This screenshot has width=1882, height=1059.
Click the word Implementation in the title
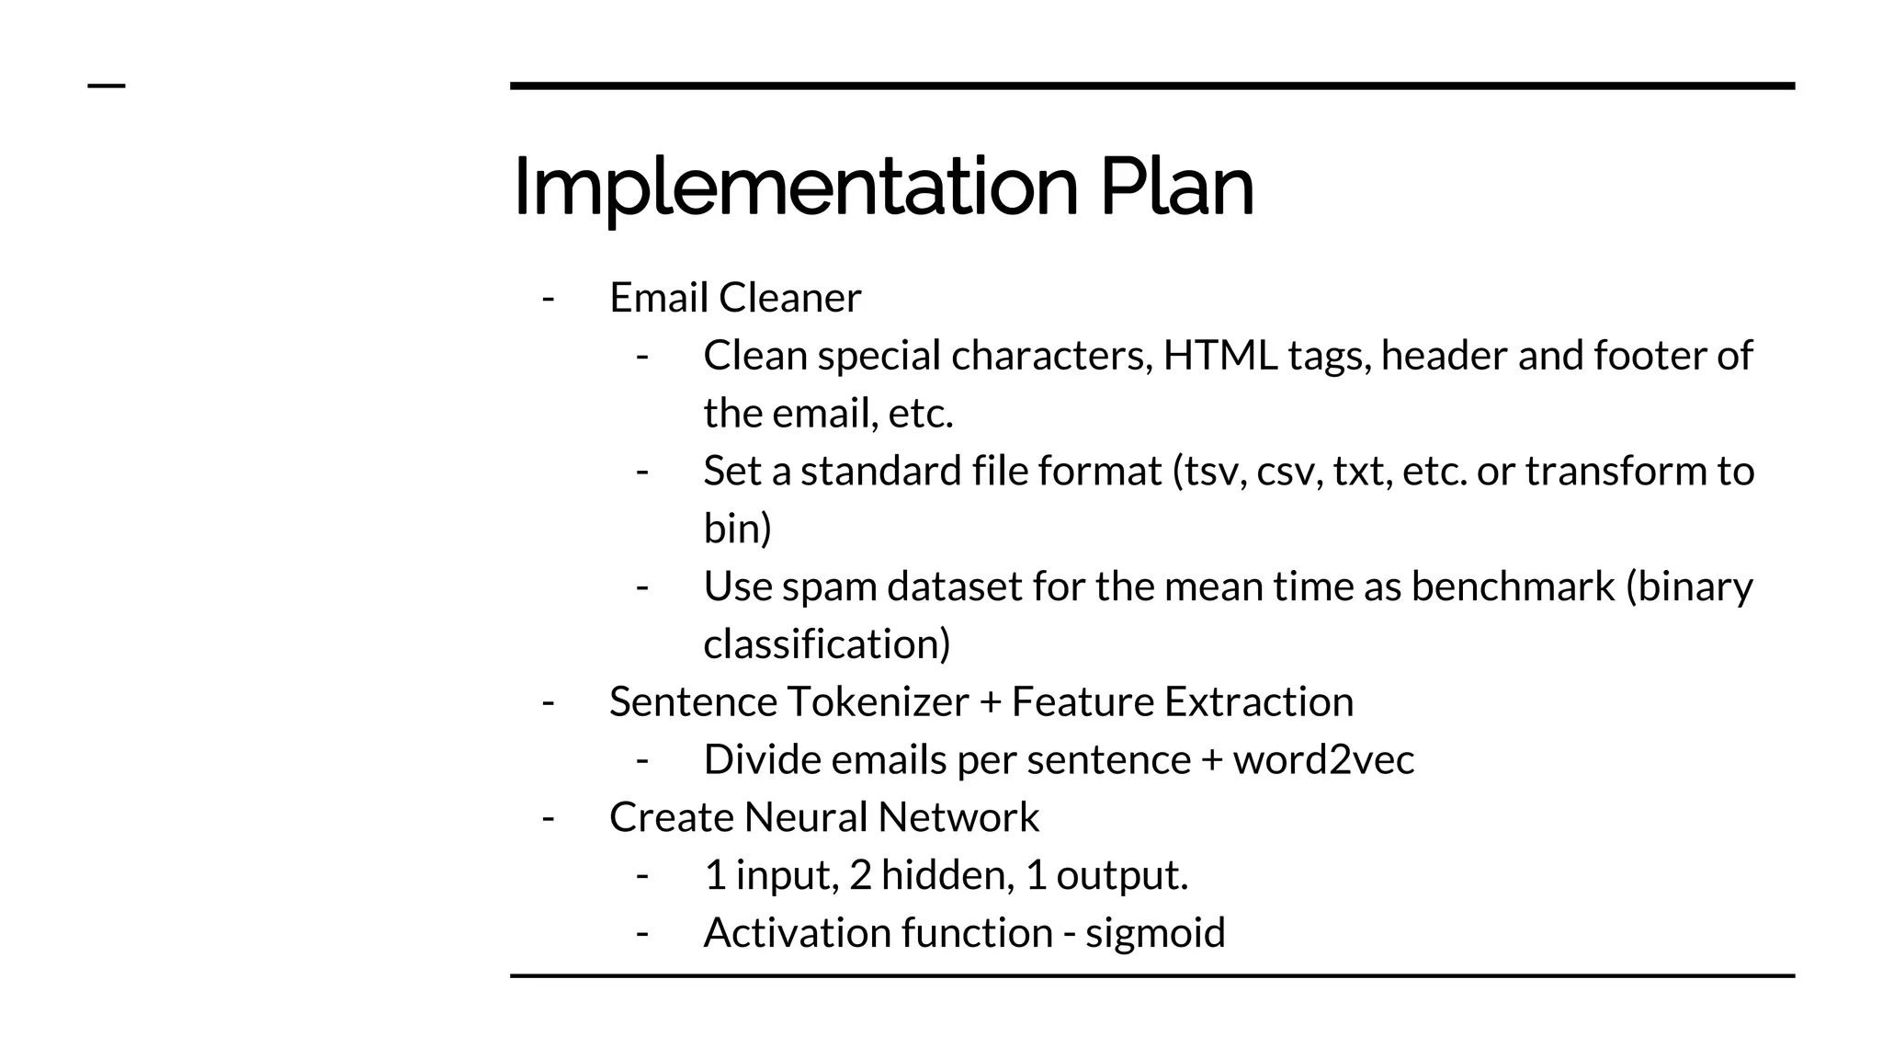[x=795, y=189]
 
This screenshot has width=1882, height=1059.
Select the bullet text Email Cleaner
[x=735, y=298]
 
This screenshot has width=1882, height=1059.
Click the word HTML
[x=1220, y=356]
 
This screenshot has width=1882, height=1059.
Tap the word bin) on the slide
[x=737, y=529]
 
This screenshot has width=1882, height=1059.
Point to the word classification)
[x=827, y=644]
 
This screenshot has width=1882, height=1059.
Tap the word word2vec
[x=1323, y=760]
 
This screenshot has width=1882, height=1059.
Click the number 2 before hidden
[x=860, y=875]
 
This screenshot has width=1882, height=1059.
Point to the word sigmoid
[x=1155, y=933]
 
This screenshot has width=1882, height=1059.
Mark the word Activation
[x=796, y=933]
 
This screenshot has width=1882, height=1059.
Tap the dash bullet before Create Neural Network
[x=549, y=817]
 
